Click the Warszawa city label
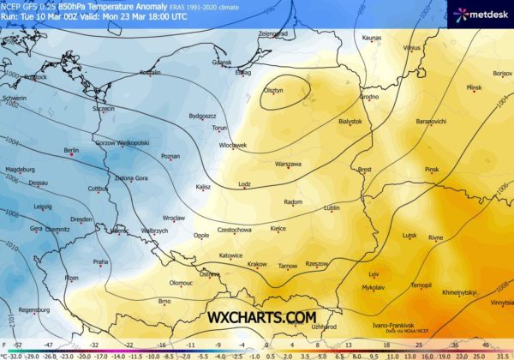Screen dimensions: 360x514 tap(288, 163)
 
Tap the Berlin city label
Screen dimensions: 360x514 tap(71, 151)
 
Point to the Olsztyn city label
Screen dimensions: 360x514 tap(272, 89)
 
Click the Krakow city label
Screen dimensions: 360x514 tap(257, 264)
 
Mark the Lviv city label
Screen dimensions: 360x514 tap(373, 273)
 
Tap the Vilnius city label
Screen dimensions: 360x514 tap(412, 48)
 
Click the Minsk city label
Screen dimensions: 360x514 tap(475, 87)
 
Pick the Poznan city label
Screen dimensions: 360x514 tap(170, 157)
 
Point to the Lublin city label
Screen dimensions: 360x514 tap(332, 207)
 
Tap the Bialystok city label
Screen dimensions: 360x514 tap(351, 122)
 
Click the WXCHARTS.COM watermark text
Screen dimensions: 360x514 tap(261, 317)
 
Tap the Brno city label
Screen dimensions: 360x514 tap(164, 301)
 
